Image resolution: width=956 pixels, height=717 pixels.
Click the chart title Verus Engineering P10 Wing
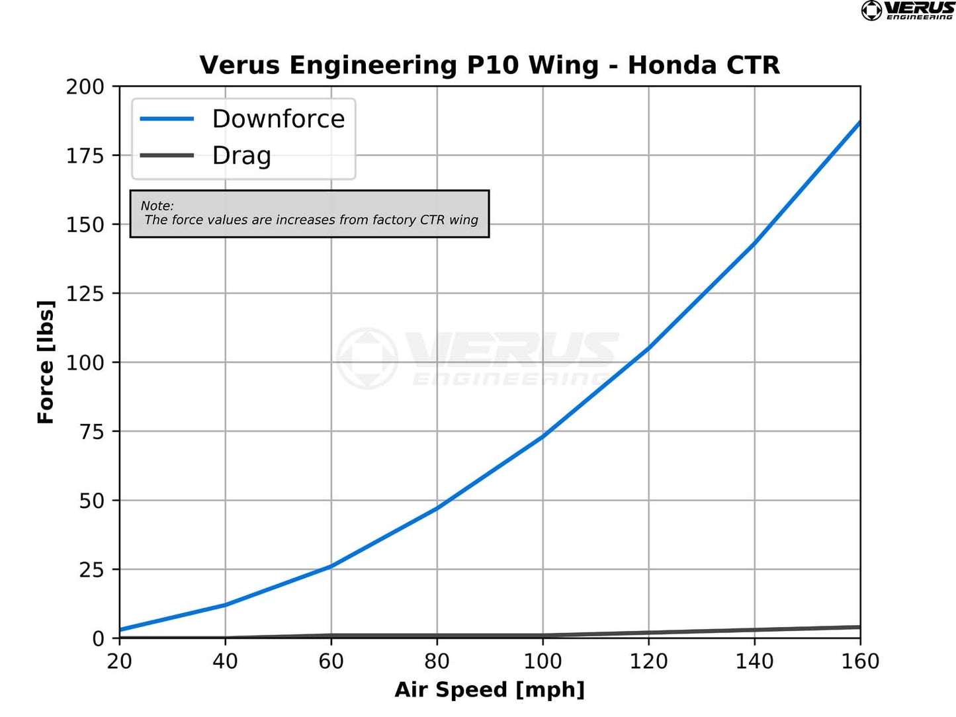coord(490,65)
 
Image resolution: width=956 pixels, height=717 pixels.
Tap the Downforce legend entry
coord(278,119)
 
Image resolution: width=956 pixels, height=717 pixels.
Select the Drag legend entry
coord(241,156)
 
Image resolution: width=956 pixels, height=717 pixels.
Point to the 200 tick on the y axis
coord(85,87)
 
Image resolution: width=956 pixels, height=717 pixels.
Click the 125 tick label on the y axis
coord(85,294)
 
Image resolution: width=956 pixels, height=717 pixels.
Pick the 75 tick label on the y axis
coord(92,432)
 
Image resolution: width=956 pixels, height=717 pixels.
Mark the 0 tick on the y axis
coord(99,639)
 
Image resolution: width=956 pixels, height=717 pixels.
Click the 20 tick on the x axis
coord(120,661)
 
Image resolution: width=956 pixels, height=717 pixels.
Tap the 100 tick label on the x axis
coord(543,661)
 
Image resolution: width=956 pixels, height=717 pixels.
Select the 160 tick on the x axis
coord(860,661)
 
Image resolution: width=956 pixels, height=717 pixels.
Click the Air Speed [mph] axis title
coord(490,690)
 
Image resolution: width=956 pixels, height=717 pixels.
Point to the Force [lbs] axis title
coord(46,362)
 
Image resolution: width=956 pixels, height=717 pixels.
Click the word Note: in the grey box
coord(157,206)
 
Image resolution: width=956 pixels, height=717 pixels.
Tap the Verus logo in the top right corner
coord(908,11)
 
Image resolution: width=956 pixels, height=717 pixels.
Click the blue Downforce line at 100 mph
coord(543,436)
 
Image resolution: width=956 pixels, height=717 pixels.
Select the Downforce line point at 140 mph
coord(755,242)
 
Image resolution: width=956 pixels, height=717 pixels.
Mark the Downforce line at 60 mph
coord(331,566)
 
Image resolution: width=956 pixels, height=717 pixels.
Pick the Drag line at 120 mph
coord(649,633)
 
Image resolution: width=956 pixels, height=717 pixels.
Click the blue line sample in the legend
coord(167,119)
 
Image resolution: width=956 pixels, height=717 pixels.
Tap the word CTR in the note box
coord(432,220)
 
